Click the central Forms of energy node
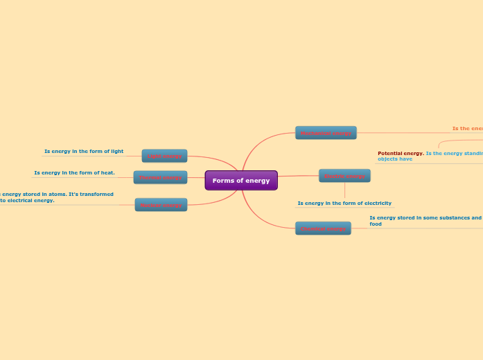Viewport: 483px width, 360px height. tap(241, 181)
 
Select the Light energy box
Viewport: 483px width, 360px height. tap(164, 156)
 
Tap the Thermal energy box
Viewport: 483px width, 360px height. tap(160, 178)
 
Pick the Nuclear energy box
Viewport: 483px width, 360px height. tap(161, 205)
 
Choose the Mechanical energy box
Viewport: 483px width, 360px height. tap(326, 133)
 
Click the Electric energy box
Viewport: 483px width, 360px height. tap(344, 176)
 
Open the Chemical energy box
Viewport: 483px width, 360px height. tap(323, 228)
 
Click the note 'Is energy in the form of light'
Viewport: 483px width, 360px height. tap(84, 151)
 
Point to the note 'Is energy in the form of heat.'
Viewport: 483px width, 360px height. tap(74, 172)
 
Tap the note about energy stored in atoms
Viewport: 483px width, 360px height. tap(55, 197)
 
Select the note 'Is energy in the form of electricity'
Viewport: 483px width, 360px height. tap(344, 204)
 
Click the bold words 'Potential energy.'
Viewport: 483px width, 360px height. tap(401, 153)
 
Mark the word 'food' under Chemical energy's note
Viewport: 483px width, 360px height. tap(376, 224)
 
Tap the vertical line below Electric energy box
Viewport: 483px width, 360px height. tap(344, 191)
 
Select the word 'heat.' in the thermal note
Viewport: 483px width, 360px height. tap(107, 172)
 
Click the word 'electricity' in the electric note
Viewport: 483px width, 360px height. tap(378, 204)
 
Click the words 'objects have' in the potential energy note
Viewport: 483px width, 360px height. tap(395, 159)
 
